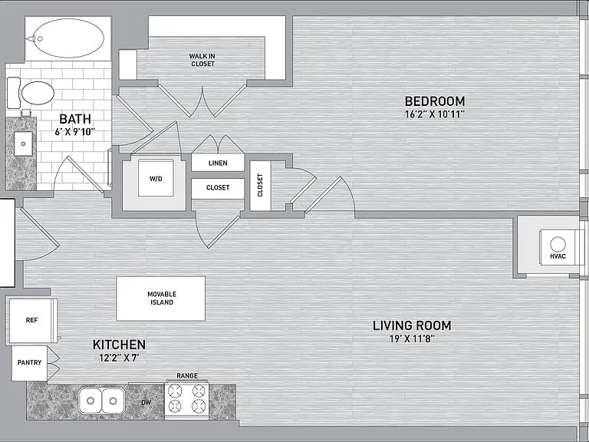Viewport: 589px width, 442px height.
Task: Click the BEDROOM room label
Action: pos(435,101)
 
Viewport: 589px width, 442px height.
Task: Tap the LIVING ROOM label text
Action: pos(412,325)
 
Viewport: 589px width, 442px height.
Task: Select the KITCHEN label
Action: pos(119,345)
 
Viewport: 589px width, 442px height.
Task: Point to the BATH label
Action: pos(75,119)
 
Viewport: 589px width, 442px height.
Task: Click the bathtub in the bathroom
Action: pos(68,38)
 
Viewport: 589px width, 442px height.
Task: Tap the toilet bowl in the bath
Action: pos(38,93)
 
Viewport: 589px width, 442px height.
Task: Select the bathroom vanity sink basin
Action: pos(23,143)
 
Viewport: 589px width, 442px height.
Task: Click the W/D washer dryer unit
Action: pos(156,178)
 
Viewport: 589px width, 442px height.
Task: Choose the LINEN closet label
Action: pos(218,163)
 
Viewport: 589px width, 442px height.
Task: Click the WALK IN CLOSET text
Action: pos(202,60)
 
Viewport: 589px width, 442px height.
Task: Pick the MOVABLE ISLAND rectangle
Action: pos(161,299)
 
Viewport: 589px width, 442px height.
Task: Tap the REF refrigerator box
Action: pos(32,321)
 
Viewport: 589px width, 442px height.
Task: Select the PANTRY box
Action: pos(29,363)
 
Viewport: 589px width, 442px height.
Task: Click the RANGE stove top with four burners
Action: pos(186,400)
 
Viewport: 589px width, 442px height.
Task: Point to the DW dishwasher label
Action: pos(146,403)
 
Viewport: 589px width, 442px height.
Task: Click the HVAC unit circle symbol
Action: pos(558,244)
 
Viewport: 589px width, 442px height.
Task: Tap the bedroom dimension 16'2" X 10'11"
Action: pos(435,114)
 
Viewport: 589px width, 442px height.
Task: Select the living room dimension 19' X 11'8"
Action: pos(412,338)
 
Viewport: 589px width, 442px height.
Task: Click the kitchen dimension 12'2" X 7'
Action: pos(119,358)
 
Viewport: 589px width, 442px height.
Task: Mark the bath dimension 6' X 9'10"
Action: pos(75,131)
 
